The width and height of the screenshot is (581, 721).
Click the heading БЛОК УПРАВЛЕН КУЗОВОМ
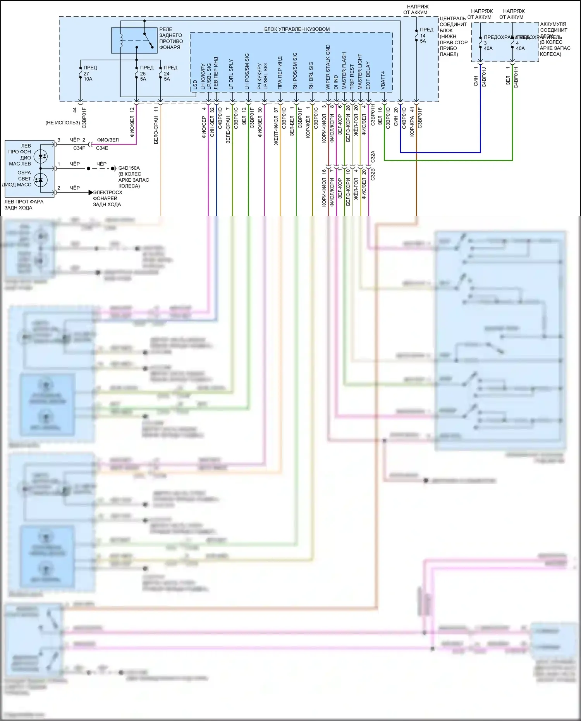coord(297,29)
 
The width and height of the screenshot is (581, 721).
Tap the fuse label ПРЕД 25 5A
coord(146,73)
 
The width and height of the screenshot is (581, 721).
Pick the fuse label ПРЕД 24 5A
coord(170,73)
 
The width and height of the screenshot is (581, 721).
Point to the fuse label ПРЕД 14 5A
coord(426,35)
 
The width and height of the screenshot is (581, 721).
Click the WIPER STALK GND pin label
coord(328,67)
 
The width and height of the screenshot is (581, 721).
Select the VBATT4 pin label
coord(383,80)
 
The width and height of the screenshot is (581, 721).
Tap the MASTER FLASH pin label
coord(344,71)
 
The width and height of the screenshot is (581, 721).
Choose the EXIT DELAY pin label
coord(368,76)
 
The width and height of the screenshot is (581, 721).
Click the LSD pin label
coord(195,85)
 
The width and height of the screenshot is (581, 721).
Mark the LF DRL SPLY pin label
coord(231,74)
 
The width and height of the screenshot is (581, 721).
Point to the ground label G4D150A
coord(129,168)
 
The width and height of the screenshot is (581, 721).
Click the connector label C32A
coord(373,157)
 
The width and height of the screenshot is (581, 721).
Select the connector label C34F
coord(79,148)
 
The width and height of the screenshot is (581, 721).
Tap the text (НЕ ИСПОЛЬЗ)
coord(62,123)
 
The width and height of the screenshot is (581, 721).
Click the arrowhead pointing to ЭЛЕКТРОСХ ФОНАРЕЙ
coord(91,193)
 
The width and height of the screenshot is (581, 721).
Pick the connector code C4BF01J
coord(484,77)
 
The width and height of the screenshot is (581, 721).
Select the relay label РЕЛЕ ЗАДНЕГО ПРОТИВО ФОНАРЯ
coord(171,38)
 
